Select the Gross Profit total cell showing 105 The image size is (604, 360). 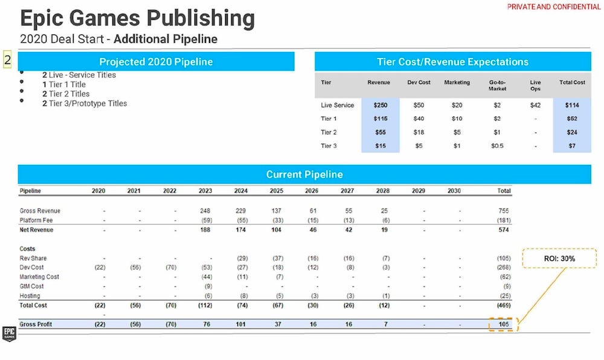503,324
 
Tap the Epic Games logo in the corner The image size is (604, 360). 9,333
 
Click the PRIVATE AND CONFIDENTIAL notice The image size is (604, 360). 554,7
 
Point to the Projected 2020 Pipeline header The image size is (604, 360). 156,62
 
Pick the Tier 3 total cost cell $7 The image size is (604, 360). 571,146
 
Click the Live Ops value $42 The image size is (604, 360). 535,105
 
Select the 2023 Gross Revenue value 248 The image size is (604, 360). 205,211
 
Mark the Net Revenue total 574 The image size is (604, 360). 503,230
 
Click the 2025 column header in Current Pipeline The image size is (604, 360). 276,191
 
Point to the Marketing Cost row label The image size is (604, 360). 39,277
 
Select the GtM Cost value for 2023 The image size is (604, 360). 207,286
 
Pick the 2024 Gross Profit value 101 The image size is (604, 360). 240,324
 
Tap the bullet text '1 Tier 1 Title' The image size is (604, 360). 64,85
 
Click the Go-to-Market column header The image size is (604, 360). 497,85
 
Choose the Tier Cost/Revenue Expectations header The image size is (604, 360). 452,62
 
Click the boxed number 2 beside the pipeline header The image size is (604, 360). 8,60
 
